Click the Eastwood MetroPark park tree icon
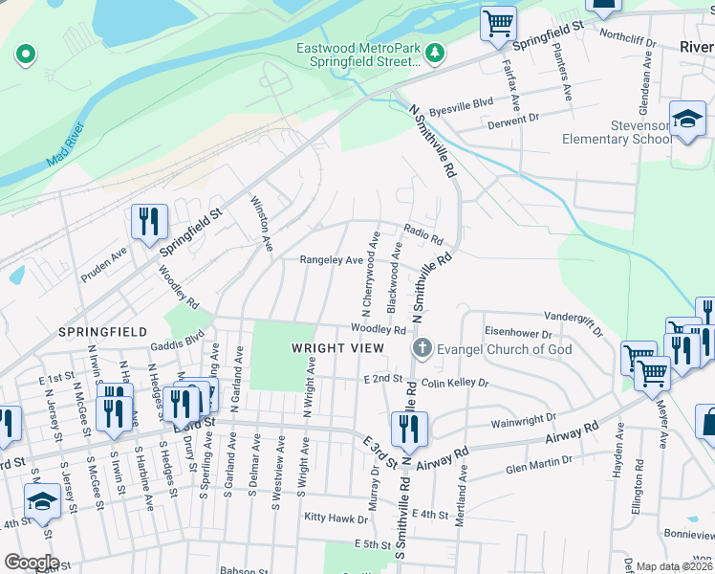point(435,50)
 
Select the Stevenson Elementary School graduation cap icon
point(687,119)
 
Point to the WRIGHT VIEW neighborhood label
point(330,349)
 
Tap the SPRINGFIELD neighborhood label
point(102,331)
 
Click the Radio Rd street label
point(423,233)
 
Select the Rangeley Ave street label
point(331,260)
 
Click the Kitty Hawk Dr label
point(336,519)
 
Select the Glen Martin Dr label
point(542,468)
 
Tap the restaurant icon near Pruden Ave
point(149,223)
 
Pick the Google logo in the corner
point(31,563)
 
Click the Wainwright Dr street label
point(523,418)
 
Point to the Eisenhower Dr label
point(519,334)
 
